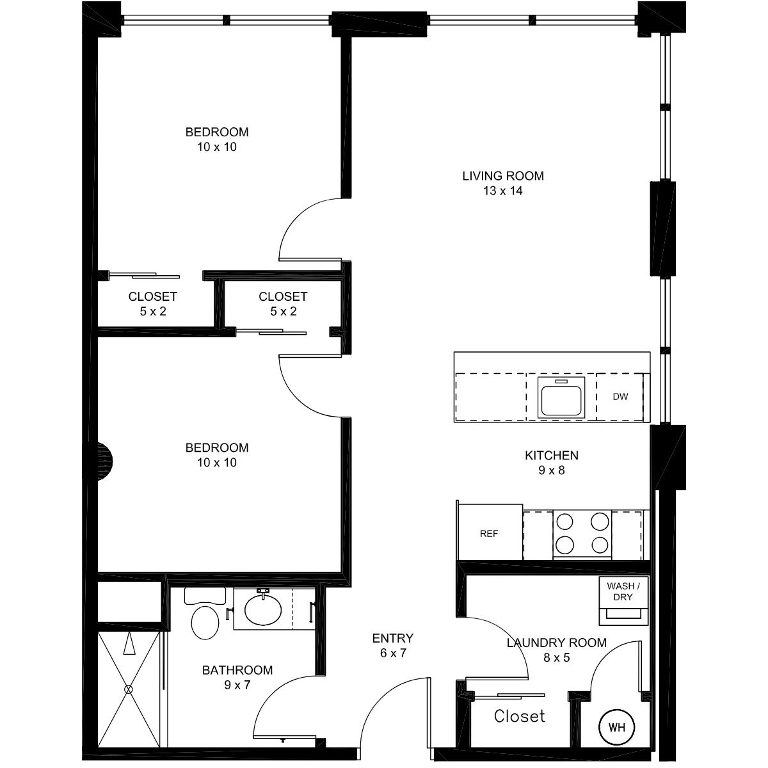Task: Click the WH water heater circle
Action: pyautogui.click(x=617, y=727)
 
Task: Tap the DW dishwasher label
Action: pyautogui.click(x=620, y=397)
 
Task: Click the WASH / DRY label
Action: pyautogui.click(x=623, y=591)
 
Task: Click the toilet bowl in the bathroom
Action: pyautogui.click(x=205, y=623)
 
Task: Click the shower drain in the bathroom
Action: pyautogui.click(x=129, y=689)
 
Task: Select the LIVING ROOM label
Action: pyautogui.click(x=503, y=176)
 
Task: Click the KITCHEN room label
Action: pyautogui.click(x=552, y=455)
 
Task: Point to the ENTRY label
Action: pyautogui.click(x=393, y=638)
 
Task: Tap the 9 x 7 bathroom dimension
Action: pyautogui.click(x=237, y=685)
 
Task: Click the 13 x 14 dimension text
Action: pyautogui.click(x=503, y=191)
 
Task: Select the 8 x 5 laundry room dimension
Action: pyautogui.click(x=556, y=657)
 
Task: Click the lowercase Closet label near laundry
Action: pyautogui.click(x=519, y=716)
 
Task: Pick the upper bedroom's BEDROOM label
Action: pyautogui.click(x=217, y=132)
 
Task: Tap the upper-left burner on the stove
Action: pyautogui.click(x=564, y=522)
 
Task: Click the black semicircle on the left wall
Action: pyautogui.click(x=105, y=461)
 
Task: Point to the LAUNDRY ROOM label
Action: pyautogui.click(x=556, y=643)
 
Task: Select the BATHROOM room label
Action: pyautogui.click(x=237, y=670)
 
